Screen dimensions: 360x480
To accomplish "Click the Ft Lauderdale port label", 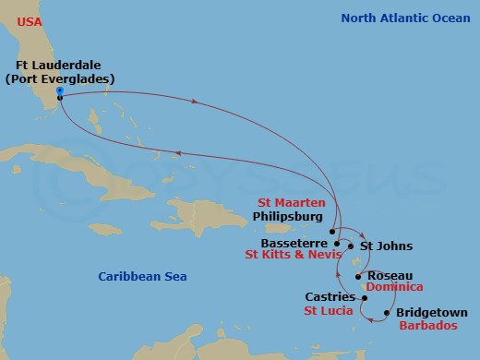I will [58, 65].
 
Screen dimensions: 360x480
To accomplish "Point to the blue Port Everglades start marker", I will [59, 90].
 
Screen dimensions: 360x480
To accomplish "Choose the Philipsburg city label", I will [288, 218].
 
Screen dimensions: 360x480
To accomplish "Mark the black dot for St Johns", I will [351, 246].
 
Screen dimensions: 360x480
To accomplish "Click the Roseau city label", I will [389, 275].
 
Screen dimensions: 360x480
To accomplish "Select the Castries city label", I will [330, 297].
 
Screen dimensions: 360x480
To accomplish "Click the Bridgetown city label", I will [431, 313].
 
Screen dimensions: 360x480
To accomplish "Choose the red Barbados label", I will [427, 326].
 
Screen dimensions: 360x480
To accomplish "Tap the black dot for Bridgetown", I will [387, 314].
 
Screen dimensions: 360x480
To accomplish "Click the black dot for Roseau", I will [358, 276].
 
